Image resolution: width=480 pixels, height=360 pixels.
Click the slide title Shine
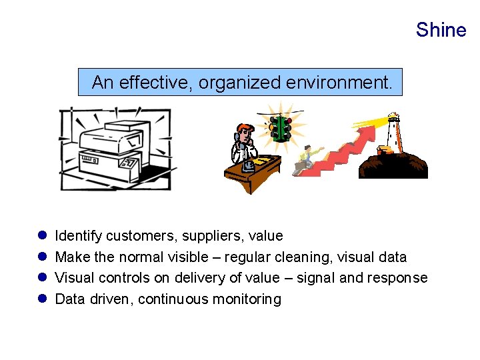441,30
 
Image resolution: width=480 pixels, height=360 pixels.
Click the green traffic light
281,127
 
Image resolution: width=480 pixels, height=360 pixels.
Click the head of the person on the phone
244,131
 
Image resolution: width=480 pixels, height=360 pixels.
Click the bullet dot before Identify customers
41,235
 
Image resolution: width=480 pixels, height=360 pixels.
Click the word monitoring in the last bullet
247,299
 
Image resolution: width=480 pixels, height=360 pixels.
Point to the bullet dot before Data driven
41,299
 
